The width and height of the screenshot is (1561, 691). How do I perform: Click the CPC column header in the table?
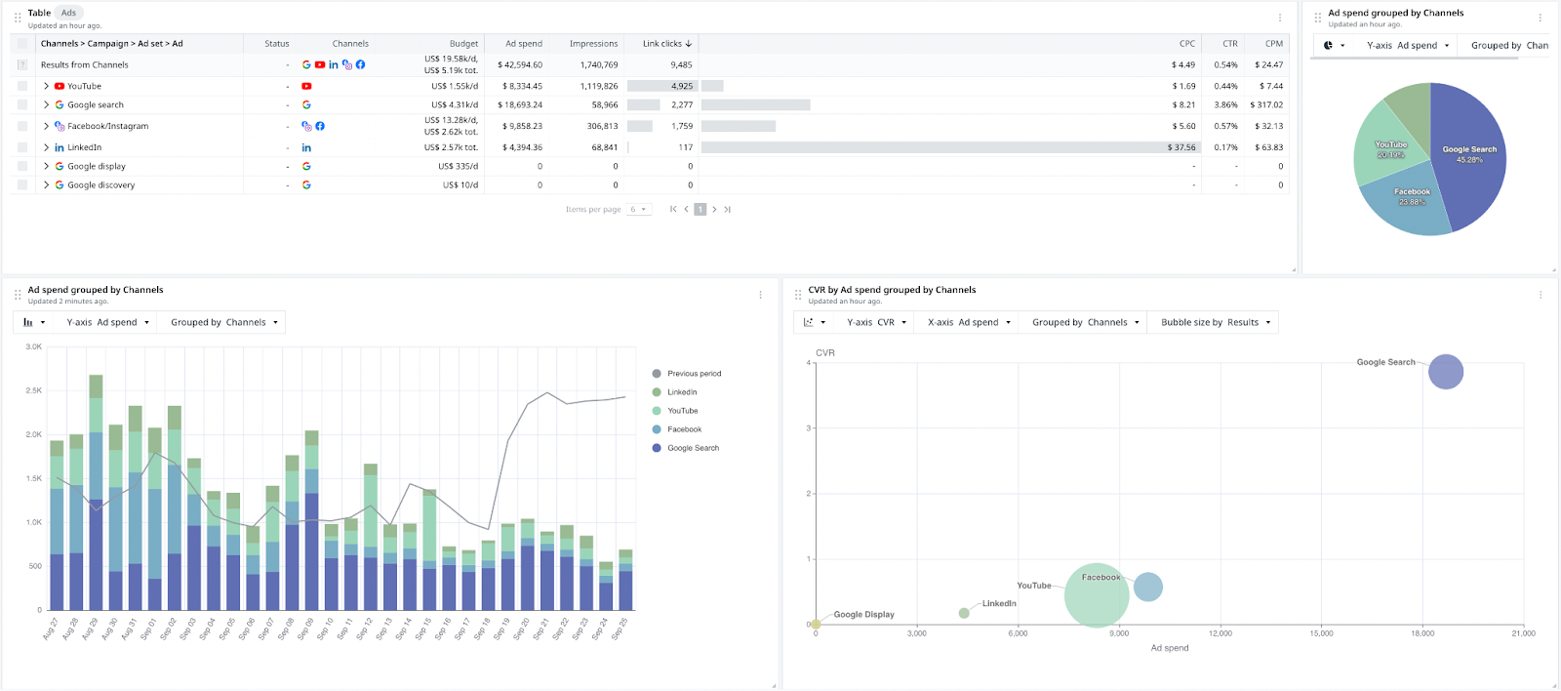click(1186, 44)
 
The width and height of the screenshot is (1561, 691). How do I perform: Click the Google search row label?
click(96, 104)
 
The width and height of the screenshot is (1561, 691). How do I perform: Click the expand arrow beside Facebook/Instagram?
click(46, 126)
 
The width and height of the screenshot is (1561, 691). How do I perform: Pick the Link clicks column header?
click(665, 44)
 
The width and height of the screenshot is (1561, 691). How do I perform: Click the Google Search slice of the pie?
click(1468, 156)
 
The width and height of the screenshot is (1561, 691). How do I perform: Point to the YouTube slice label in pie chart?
click(1390, 145)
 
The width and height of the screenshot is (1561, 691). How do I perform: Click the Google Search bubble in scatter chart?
click(1445, 372)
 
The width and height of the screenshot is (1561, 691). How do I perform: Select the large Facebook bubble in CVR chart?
click(1096, 596)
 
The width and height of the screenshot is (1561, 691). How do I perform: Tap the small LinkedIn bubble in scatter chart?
click(964, 613)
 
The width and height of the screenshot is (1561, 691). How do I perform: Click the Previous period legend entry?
click(693, 374)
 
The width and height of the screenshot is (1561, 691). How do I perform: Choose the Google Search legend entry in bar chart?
click(692, 448)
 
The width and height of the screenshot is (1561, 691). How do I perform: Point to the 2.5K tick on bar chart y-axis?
click(34, 390)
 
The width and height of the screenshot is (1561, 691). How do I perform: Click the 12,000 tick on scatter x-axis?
click(1220, 633)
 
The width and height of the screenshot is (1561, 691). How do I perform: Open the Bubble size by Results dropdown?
click(1216, 322)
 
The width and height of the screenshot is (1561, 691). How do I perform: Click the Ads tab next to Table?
click(68, 13)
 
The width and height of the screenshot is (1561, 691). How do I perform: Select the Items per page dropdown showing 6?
click(639, 210)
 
